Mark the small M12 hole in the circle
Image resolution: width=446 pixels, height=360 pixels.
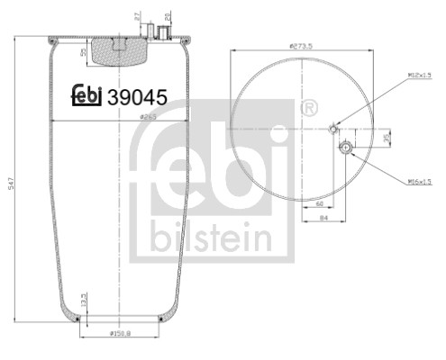(335, 127)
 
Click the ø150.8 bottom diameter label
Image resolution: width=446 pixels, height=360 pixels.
(121, 335)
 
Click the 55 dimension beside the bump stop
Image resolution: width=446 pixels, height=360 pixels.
(84, 53)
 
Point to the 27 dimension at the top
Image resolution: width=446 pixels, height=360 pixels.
(136, 15)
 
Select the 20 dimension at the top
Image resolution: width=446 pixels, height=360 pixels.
(168, 15)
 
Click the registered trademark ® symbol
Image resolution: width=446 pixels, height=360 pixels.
(310, 110)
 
